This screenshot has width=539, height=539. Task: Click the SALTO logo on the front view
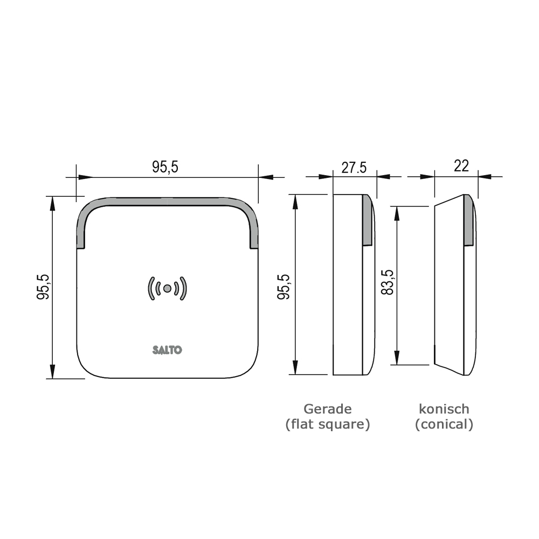point(167,350)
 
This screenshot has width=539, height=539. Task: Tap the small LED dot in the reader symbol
point(167,288)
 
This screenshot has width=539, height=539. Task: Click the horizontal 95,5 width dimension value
point(165,167)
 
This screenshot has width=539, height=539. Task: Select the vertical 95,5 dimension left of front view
point(43,287)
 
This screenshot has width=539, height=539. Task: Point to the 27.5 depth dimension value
point(354,167)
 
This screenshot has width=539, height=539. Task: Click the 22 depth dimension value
point(461,165)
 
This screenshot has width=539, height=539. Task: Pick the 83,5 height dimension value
point(387,283)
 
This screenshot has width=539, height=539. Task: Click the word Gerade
point(327,409)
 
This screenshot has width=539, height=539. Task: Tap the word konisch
point(444,409)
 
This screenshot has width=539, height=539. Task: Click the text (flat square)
point(327,424)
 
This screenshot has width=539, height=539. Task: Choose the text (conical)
point(444,424)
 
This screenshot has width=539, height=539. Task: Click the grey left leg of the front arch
point(81,229)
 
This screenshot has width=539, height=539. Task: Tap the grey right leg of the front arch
point(253,229)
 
